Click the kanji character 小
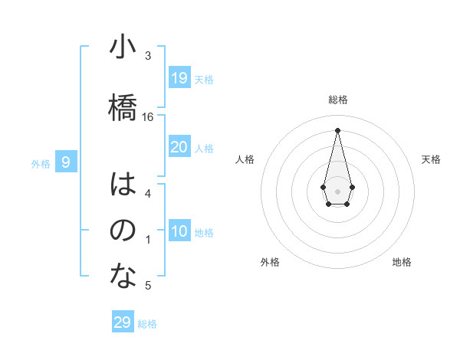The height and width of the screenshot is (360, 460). coord(123,47)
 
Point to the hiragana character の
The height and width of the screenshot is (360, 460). coord(123,231)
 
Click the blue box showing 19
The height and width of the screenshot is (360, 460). coord(179,77)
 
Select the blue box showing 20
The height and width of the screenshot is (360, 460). coord(179,147)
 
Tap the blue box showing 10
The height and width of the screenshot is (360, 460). coord(179,231)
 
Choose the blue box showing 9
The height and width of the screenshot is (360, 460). coord(67,162)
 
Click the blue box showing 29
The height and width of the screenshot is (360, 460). coord(123,322)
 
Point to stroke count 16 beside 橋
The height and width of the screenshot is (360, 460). coord(148,116)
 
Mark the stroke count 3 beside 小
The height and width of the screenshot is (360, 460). coord(148,56)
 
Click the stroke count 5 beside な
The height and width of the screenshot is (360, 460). coord(148,286)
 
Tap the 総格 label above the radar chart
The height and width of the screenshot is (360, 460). coord(338,100)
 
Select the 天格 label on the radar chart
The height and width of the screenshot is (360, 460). coord(432,159)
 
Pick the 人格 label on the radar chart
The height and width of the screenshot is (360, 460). coord(245,159)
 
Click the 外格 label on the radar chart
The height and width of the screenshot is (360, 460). coord(270,262)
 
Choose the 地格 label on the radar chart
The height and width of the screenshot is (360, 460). coord(402,262)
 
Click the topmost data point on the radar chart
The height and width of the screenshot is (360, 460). coord(337,129)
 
